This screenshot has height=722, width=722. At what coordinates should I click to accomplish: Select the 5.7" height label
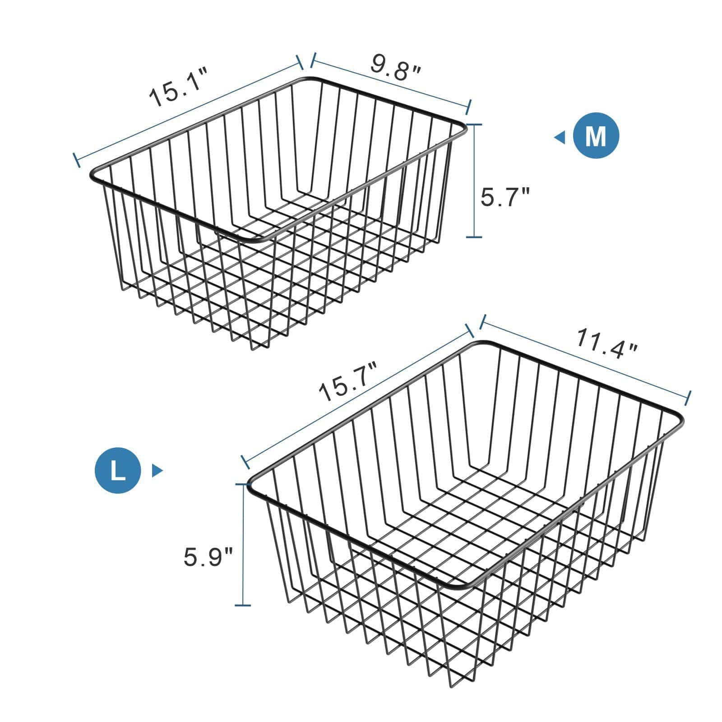pyautogui.click(x=504, y=197)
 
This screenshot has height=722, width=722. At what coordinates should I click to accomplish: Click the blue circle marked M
pyautogui.click(x=596, y=136)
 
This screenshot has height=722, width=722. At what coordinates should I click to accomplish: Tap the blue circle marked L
pyautogui.click(x=118, y=471)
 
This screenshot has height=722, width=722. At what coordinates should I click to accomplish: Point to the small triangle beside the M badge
pyautogui.click(x=560, y=137)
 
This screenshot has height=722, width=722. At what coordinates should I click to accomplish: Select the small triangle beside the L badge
pyautogui.click(x=157, y=471)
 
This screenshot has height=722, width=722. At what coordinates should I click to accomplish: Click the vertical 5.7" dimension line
pyautogui.click(x=474, y=180)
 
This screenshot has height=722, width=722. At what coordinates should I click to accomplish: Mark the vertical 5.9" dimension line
pyautogui.click(x=243, y=544)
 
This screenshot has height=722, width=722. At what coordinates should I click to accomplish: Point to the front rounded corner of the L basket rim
pyautogui.click(x=460, y=585)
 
